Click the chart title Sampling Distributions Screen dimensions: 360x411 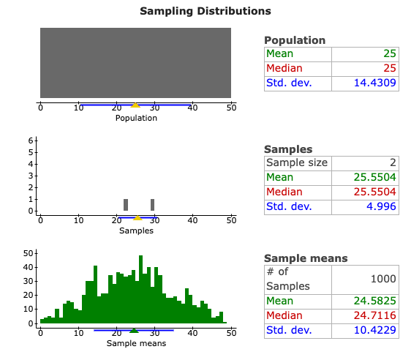pos(205,11)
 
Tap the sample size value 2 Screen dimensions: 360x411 pos(393,162)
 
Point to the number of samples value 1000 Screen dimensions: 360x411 pos(382,279)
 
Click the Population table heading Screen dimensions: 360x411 pos(295,40)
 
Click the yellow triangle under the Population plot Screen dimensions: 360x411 pos(135,105)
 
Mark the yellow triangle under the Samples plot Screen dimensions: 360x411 pos(137,217)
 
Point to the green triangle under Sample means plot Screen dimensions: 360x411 pos(134,330)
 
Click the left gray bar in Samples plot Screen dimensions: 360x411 pos(126,205)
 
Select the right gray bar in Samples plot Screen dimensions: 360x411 pos(152,205)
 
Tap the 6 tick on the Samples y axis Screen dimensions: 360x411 pos(31,140)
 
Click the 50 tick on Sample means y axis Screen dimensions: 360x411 pos(30,253)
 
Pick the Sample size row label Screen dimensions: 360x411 pos(296,162)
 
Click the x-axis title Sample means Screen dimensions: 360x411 pos(136,343)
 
